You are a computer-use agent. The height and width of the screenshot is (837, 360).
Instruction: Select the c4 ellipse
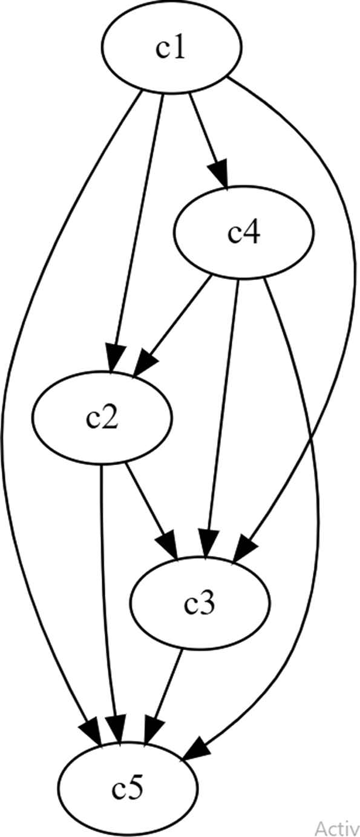coord(244,232)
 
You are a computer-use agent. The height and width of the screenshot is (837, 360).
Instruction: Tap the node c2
coord(102,418)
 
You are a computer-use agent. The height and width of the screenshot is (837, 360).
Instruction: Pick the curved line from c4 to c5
coord(318,516)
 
